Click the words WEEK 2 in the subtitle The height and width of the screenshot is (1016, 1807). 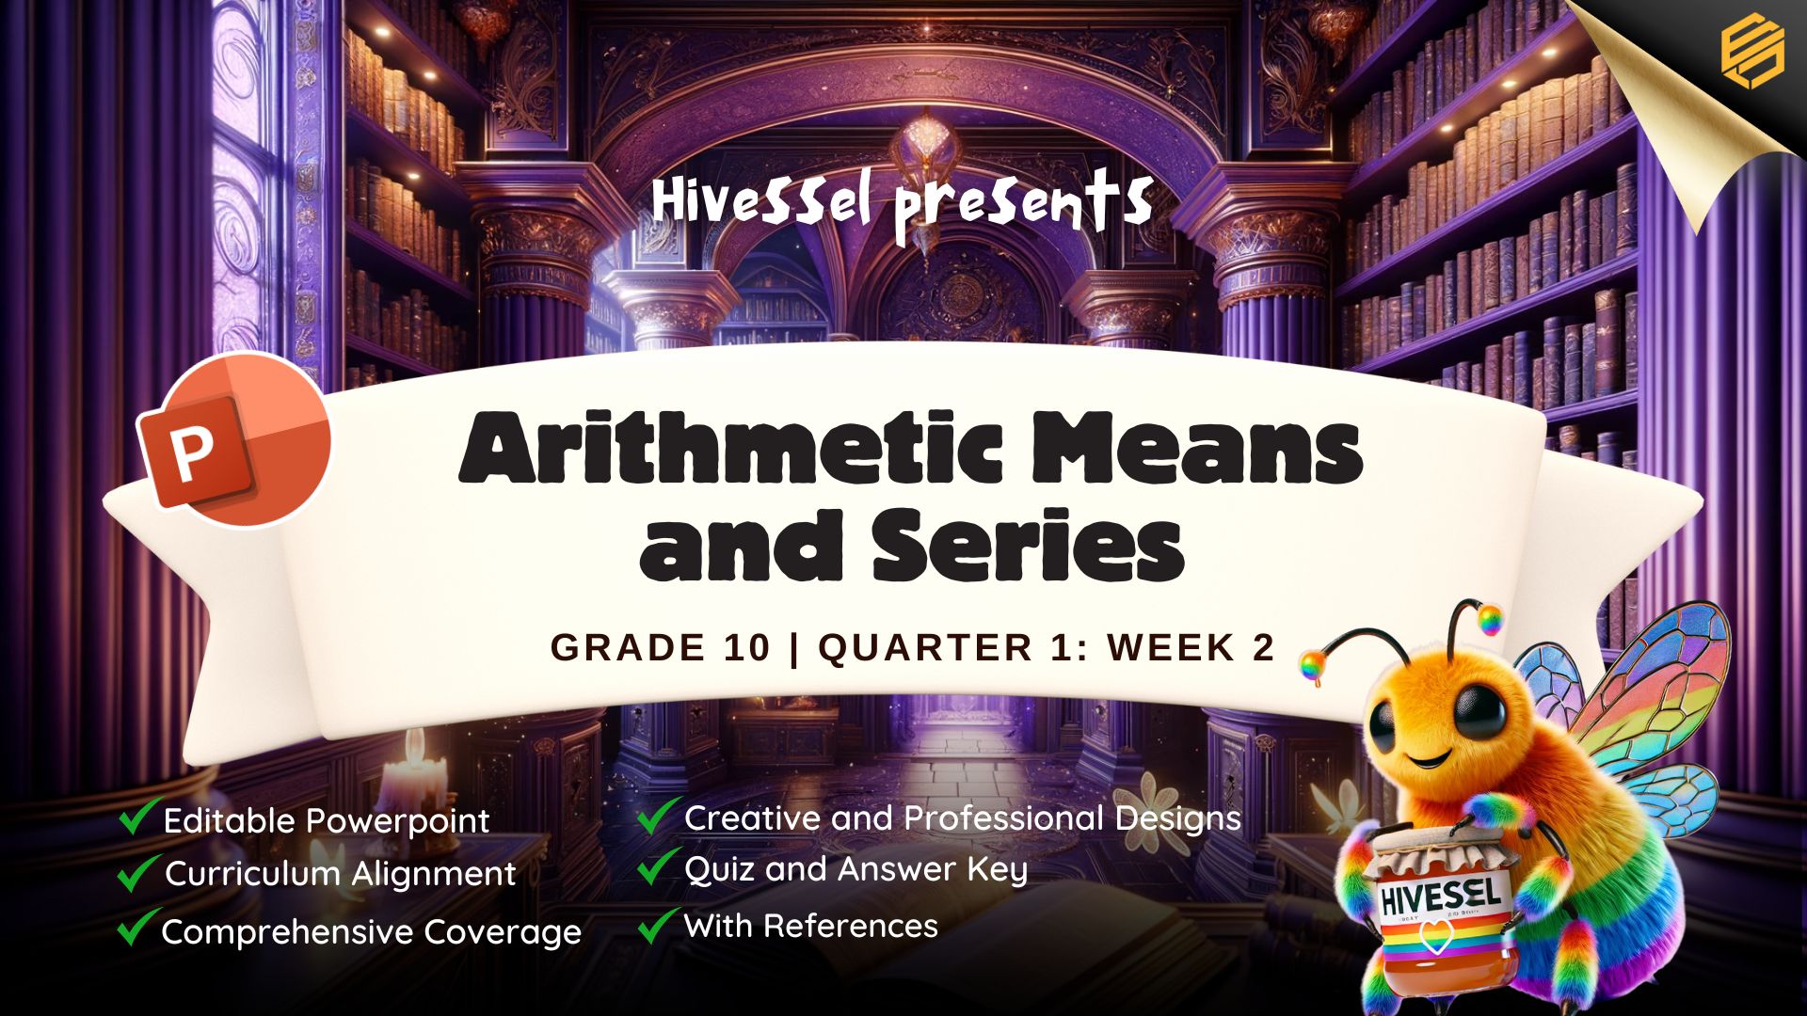tap(1191, 647)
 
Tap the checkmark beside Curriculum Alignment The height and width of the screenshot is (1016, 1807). tap(137, 872)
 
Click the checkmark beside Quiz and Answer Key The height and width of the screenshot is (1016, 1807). tap(659, 866)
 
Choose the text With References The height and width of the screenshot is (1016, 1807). tap(811, 926)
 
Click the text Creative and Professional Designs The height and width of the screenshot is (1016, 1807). tap(963, 818)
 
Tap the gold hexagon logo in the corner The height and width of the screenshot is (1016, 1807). tap(1752, 53)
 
